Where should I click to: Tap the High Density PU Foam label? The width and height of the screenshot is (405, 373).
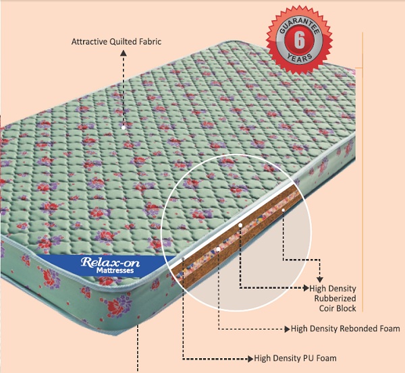pos(295,358)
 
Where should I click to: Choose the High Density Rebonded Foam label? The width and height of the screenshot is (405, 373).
pos(345,329)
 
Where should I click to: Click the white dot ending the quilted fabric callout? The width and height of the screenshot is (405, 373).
pos(124,125)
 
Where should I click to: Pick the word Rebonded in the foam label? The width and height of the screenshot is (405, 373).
pos(360,329)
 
